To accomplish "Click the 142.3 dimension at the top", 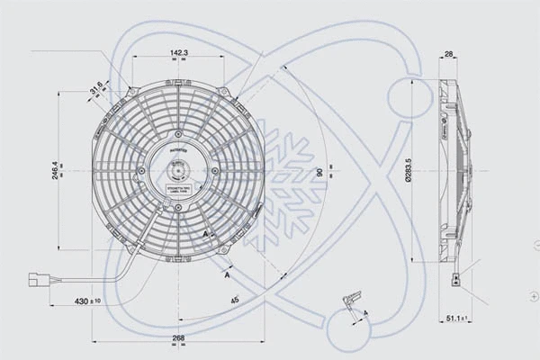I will click(x=179, y=54).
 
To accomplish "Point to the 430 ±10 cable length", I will click(x=88, y=301).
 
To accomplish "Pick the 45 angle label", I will click(x=235, y=299).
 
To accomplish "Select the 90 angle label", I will click(x=319, y=172).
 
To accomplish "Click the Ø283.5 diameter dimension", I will click(x=409, y=169).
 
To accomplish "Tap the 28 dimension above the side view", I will click(x=449, y=55).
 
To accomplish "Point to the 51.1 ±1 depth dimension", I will click(x=460, y=319).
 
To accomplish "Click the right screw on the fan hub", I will click(x=214, y=170).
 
